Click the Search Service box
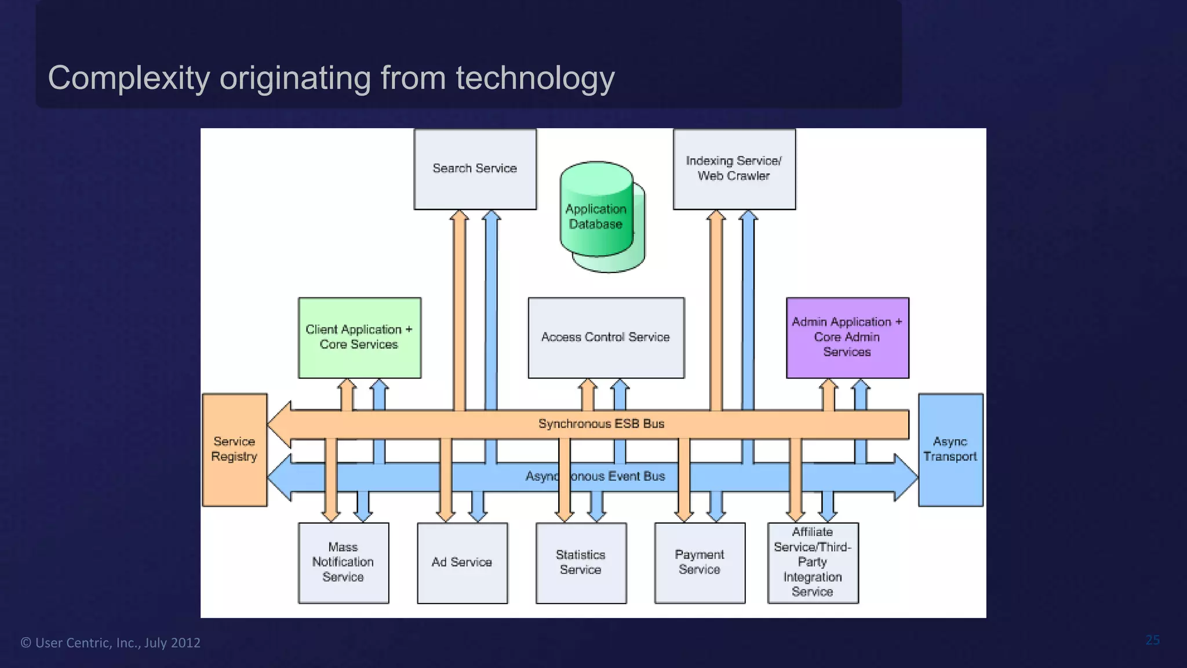pyautogui.click(x=475, y=169)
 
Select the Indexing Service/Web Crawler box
pyautogui.click(x=734, y=169)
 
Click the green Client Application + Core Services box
pyautogui.click(x=359, y=337)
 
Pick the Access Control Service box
pyautogui.click(x=606, y=337)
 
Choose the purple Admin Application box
pyautogui.click(x=847, y=337)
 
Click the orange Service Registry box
pyautogui.click(x=234, y=449)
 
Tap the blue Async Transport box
pyautogui.click(x=951, y=449)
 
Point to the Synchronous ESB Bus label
pyautogui.click(x=601, y=424)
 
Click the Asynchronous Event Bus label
pyautogui.click(x=595, y=477)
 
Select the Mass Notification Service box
pyautogui.click(x=343, y=562)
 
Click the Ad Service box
pyautogui.click(x=462, y=562)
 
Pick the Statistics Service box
pyautogui.click(x=581, y=562)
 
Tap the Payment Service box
pyautogui.click(x=700, y=562)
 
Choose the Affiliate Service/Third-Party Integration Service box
pyautogui.click(x=813, y=562)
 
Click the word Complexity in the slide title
pyautogui.click(x=129, y=78)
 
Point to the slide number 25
pyautogui.click(x=1152, y=640)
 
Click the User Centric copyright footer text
pyautogui.click(x=110, y=642)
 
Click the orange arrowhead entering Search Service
pyautogui.click(x=460, y=216)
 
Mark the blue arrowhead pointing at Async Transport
pyautogui.click(x=906, y=477)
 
